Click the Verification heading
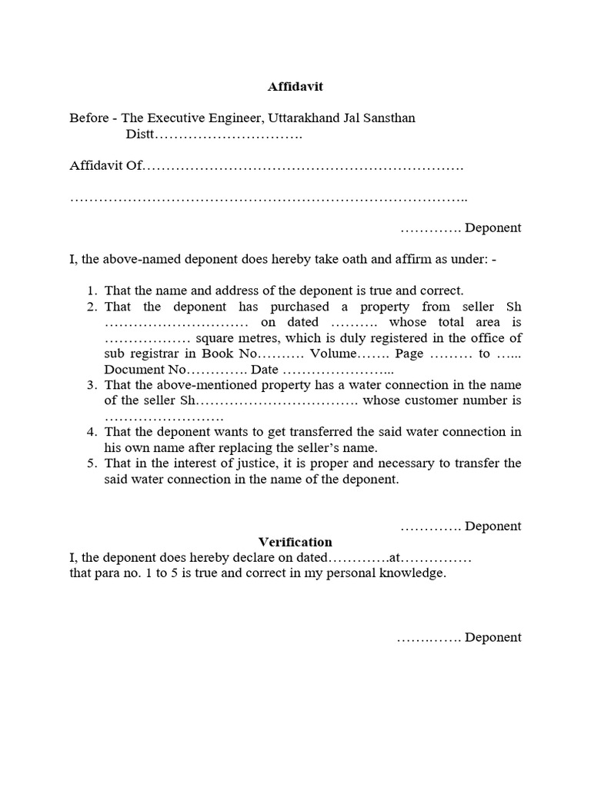[295, 542]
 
